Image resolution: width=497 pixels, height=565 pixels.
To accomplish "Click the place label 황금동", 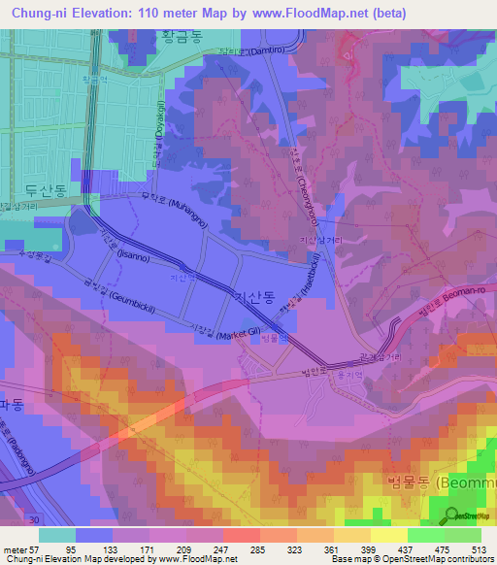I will coord(179,35).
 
